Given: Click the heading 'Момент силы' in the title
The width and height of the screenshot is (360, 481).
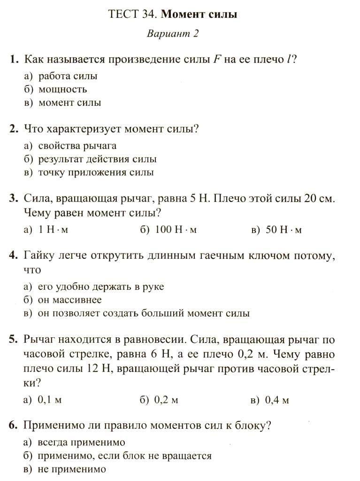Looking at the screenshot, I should [199, 15].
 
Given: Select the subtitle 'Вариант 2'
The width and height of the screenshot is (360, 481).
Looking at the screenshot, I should [173, 34].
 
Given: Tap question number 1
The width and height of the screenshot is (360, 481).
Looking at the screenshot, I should [14, 60].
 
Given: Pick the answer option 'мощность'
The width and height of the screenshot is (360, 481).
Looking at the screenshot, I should [62, 89].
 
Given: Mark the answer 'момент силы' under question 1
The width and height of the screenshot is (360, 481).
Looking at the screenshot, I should [69, 102].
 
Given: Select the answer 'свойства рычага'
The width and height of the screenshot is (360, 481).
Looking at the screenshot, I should [77, 146].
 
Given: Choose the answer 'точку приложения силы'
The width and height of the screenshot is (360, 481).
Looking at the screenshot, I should [96, 172].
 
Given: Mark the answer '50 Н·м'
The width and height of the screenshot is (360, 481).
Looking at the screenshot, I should [283, 230].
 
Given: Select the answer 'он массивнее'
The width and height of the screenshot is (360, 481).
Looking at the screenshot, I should [69, 300].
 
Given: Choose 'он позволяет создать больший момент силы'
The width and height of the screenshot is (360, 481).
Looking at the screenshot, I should [144, 313].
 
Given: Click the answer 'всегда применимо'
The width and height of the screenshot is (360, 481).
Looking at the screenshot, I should [81, 442].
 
